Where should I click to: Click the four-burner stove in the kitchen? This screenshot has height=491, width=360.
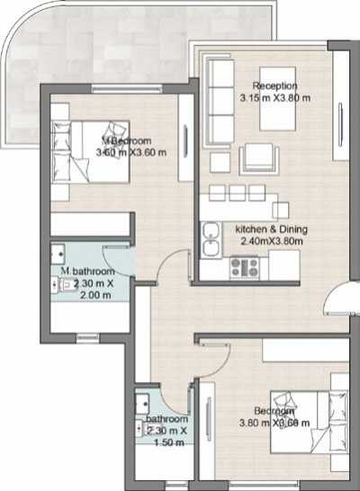tap(244, 266)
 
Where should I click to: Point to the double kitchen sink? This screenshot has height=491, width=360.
tap(211, 241)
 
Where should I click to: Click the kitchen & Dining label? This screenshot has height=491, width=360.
tap(269, 229)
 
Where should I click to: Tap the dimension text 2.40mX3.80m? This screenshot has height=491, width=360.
tap(270, 241)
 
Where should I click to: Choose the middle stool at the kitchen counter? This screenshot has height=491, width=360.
tap(237, 192)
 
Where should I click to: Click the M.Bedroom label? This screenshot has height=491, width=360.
tap(128, 141)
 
